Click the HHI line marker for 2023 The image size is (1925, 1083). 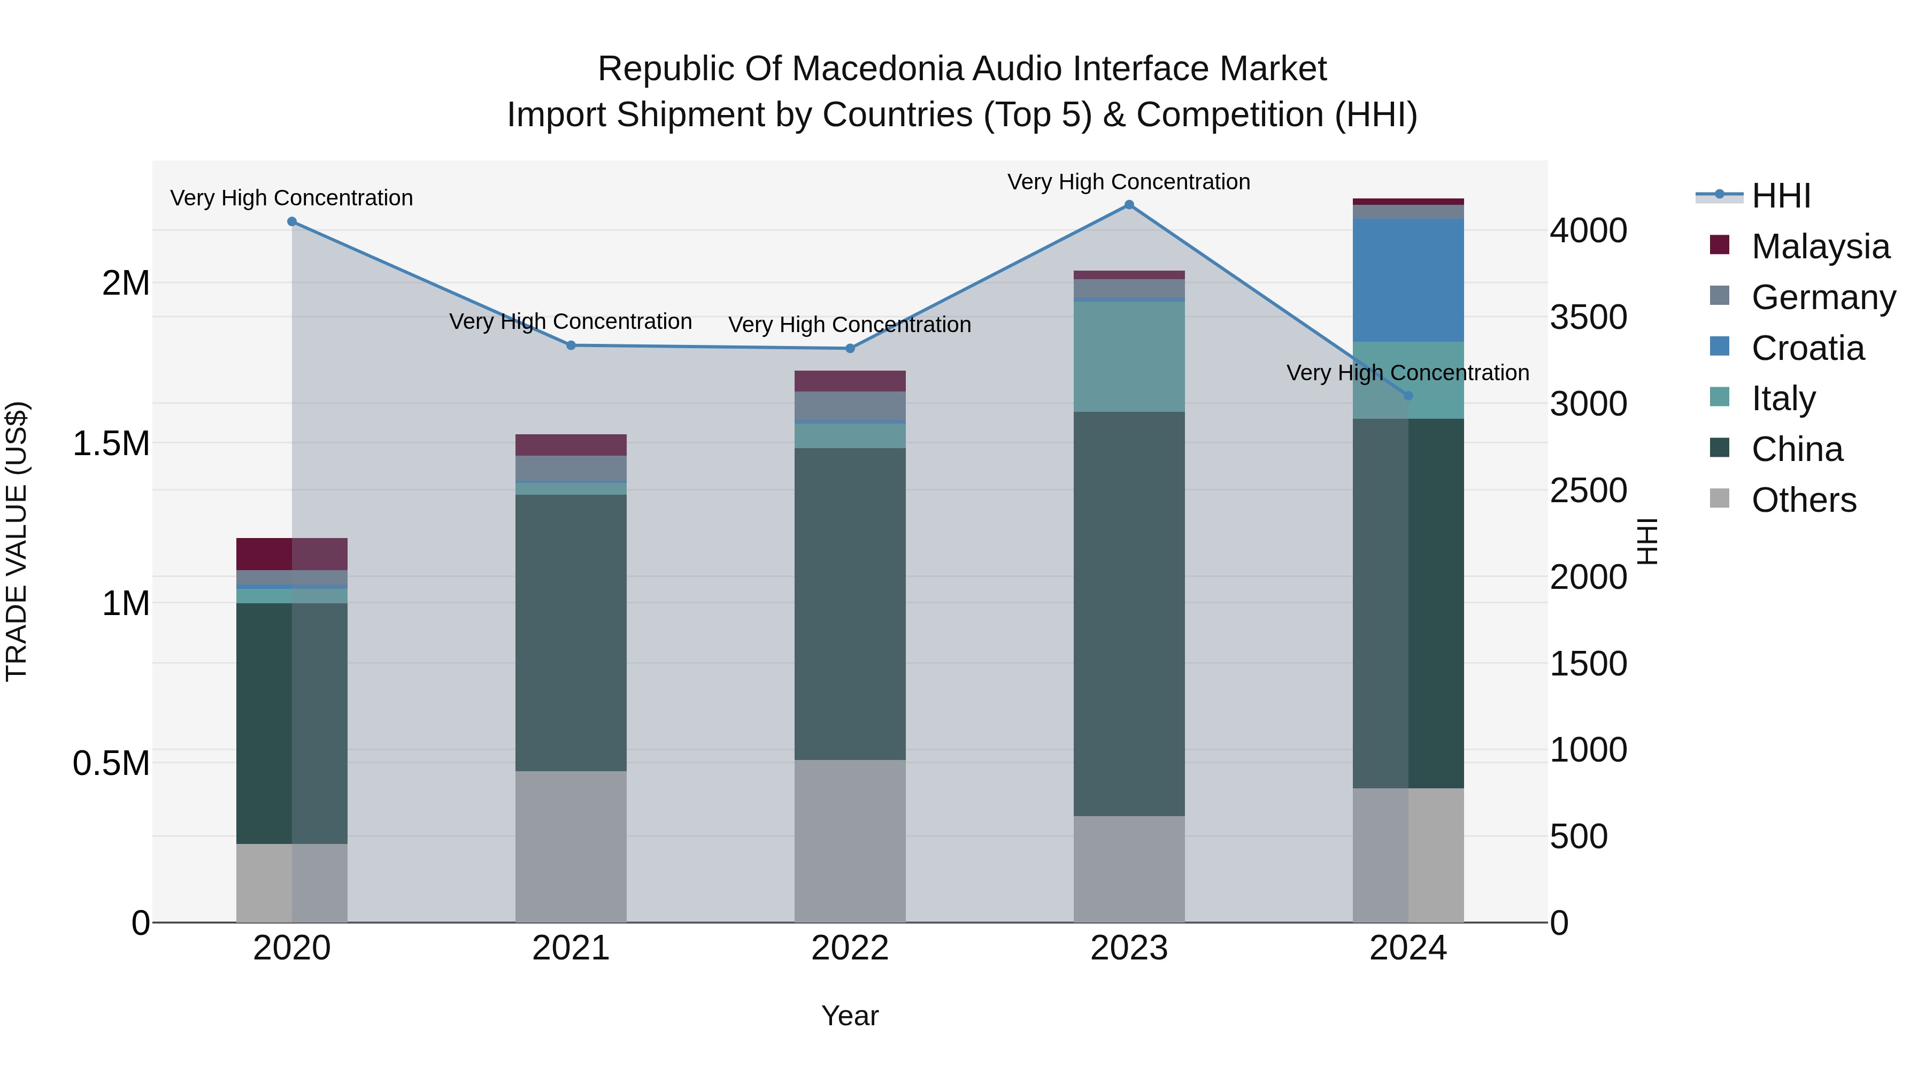[x=1129, y=205]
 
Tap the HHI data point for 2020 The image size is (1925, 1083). [x=292, y=222]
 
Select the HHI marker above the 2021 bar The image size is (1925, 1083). [x=571, y=345]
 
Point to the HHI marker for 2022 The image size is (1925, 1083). [x=850, y=348]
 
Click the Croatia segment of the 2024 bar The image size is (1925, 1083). [x=1408, y=280]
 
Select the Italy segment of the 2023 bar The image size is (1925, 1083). [x=1129, y=357]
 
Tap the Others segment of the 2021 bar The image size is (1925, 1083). [x=571, y=846]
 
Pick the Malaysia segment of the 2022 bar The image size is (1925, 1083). [x=850, y=381]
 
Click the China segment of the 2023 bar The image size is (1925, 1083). [x=1129, y=613]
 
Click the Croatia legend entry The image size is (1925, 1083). [x=1808, y=348]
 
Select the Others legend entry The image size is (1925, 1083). [x=1803, y=500]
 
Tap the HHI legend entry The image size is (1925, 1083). [x=1780, y=196]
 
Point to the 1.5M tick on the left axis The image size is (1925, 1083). [x=111, y=443]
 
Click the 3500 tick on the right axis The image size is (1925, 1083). [x=1588, y=317]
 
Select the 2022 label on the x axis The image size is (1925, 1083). [x=850, y=948]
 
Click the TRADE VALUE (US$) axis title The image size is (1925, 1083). [x=17, y=541]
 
